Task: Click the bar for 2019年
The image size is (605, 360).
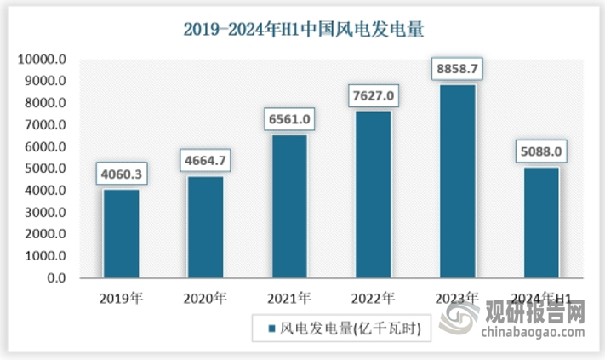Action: (x=121, y=234)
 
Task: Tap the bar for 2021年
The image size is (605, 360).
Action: (x=288, y=207)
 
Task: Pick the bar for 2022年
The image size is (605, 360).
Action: (x=373, y=195)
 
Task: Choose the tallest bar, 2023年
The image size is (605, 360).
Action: (x=457, y=181)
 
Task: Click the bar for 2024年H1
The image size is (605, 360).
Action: (x=541, y=223)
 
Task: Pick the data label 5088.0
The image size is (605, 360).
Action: (x=541, y=152)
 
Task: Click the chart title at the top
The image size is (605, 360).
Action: (x=304, y=28)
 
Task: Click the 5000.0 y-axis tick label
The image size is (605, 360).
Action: (x=45, y=169)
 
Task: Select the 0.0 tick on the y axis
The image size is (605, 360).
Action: (x=55, y=278)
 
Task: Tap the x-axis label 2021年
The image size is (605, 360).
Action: (x=288, y=299)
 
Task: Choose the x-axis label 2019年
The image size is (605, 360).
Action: (x=121, y=299)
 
